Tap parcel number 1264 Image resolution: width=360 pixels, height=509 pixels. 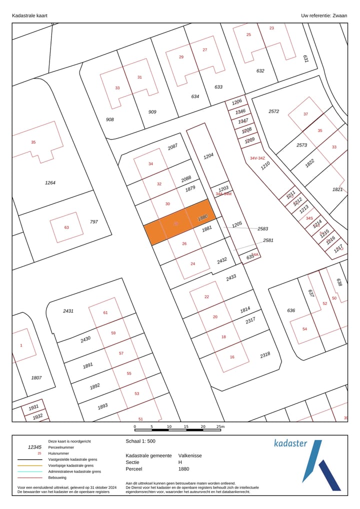tap(50, 183)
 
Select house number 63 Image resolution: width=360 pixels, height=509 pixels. tap(66, 227)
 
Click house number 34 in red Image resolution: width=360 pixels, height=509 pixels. tap(150, 164)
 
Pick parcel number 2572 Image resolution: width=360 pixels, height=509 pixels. tap(273, 111)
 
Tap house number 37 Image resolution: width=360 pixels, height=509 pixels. tap(305, 114)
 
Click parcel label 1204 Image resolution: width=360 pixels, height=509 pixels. tap(208, 156)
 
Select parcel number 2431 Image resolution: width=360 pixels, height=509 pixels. tap(68, 311)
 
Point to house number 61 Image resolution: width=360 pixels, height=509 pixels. tap(105, 312)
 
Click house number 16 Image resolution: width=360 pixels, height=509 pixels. tap(232, 357)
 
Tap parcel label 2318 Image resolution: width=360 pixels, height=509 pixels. tap(265, 355)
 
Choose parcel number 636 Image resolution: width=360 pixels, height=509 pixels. tap(291, 310)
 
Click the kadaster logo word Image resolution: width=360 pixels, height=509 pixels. tap(290, 443)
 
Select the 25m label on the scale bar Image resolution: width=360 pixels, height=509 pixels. tap(220, 426)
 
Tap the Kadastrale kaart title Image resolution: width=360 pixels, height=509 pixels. tap(29, 15)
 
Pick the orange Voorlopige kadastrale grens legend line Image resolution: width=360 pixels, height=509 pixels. tap(29, 465)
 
